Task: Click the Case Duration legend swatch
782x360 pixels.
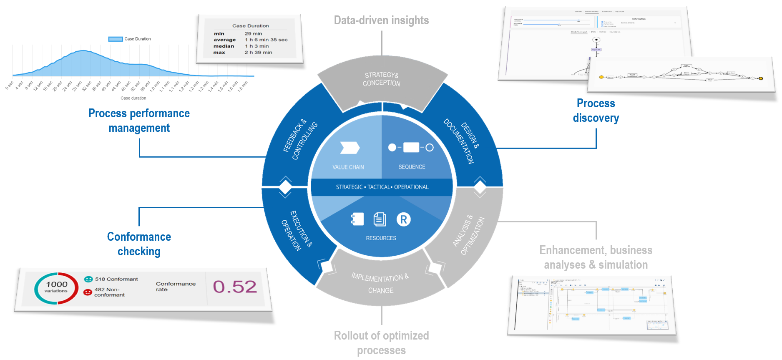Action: [x=116, y=39]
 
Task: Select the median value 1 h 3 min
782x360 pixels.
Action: [x=256, y=46]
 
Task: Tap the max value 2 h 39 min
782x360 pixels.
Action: [x=258, y=53]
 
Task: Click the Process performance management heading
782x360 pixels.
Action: [x=139, y=121]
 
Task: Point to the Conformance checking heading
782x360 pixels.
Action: [x=139, y=244]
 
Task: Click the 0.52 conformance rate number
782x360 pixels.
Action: [x=235, y=287]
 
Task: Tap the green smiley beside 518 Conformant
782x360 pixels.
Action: [x=88, y=279]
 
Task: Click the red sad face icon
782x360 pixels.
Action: [x=88, y=292]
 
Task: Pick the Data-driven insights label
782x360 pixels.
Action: [x=381, y=20]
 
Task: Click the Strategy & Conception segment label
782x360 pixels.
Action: [x=381, y=79]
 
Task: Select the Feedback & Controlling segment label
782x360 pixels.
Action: [x=300, y=139]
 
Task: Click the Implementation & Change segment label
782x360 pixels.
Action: [x=380, y=284]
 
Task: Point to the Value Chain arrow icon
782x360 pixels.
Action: [x=350, y=148]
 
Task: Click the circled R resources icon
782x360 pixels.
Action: [x=403, y=219]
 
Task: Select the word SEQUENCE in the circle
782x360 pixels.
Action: [x=412, y=167]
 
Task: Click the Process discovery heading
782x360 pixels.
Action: [x=596, y=111]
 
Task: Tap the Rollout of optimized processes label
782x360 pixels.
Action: [x=381, y=343]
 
